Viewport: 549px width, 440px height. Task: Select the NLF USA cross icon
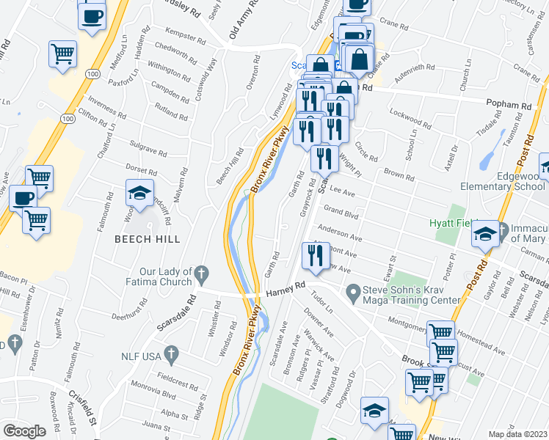171,356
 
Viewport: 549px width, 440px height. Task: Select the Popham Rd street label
515,106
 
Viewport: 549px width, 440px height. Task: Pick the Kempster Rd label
182,37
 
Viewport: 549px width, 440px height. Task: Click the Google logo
24,431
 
